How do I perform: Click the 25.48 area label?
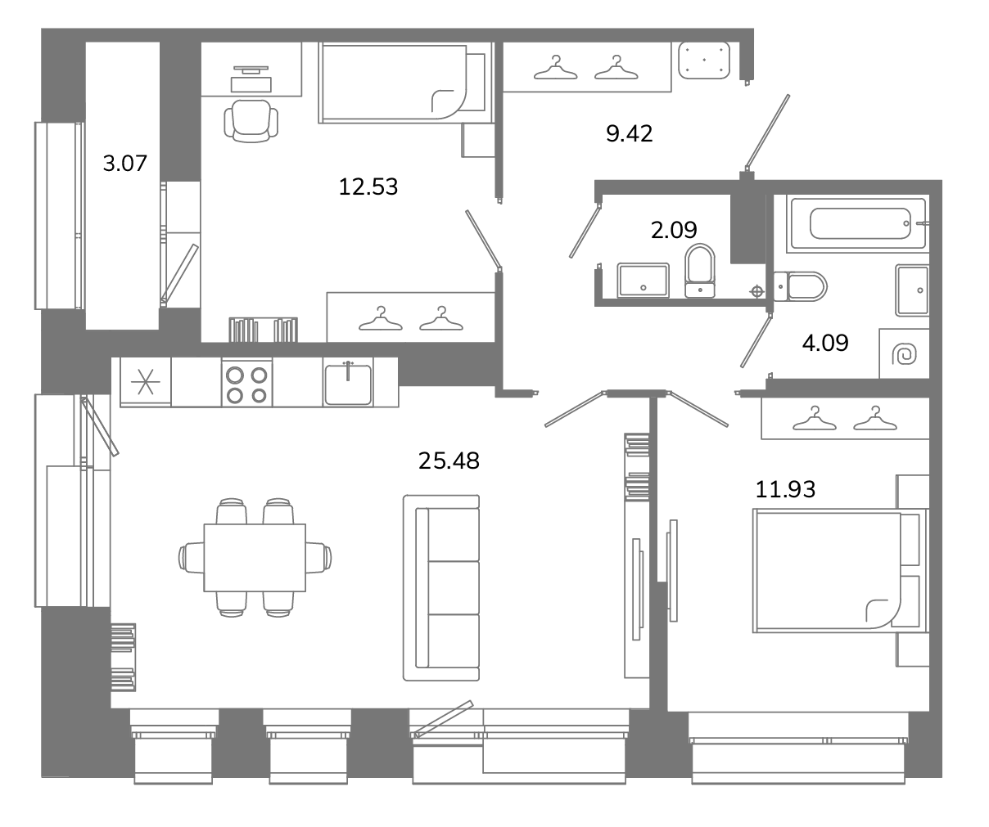point(449,461)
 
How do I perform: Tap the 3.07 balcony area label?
point(124,164)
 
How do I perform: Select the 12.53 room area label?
point(368,187)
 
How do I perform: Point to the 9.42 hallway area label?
point(629,133)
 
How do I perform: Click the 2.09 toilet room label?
point(674,230)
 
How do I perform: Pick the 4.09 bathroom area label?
point(825,343)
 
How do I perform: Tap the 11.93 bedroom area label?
point(785,489)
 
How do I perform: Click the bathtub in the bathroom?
point(856,223)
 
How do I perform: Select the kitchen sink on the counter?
point(348,383)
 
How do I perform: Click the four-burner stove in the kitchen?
point(246,383)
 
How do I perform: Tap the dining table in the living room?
point(255,558)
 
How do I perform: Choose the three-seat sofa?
point(441,588)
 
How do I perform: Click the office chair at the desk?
point(251,121)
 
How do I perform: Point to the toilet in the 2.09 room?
point(700,271)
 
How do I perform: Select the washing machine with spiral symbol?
point(904,353)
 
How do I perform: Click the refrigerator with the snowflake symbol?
point(146,381)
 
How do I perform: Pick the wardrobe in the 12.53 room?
point(411,317)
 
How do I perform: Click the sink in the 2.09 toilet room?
point(644,281)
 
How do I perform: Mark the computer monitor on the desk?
point(251,70)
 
